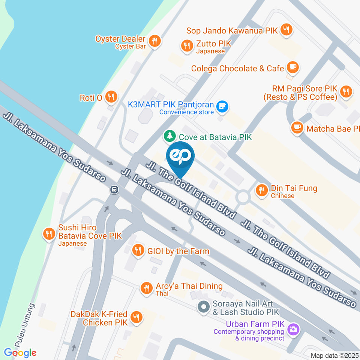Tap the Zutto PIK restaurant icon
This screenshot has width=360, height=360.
186,46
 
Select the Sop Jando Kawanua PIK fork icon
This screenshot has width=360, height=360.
286,30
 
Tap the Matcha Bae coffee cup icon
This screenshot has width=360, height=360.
297,127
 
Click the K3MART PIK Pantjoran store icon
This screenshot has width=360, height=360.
223,106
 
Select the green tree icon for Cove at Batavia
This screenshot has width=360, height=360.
170,136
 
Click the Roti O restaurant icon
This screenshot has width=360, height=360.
111,97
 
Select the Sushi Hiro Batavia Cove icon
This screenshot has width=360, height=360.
48,234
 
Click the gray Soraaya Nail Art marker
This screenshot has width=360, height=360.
203,307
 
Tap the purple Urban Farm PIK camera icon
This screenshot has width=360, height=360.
293,329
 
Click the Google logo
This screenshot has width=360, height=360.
20,352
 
